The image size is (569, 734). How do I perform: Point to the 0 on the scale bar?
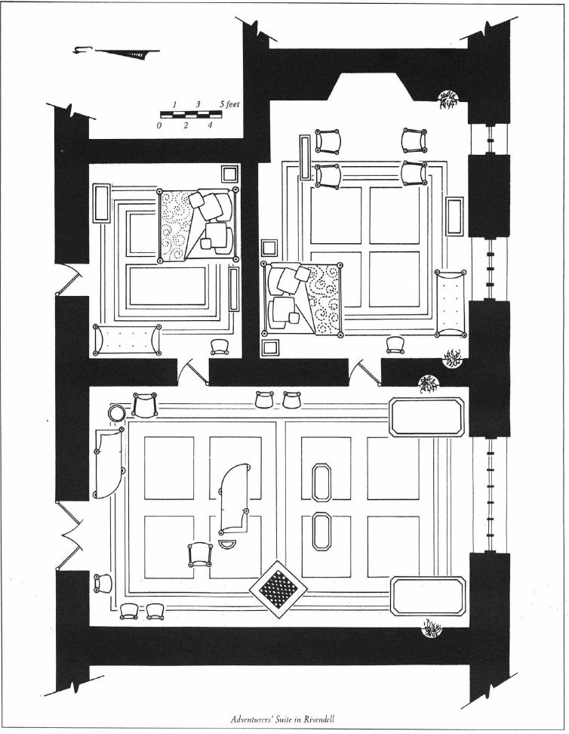(x=160, y=125)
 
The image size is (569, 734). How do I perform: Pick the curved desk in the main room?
(x=235, y=499)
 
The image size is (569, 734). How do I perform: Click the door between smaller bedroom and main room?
(x=194, y=370)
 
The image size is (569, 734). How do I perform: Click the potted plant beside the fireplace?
(x=448, y=99)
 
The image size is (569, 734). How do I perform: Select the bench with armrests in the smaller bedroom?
(x=127, y=340)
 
